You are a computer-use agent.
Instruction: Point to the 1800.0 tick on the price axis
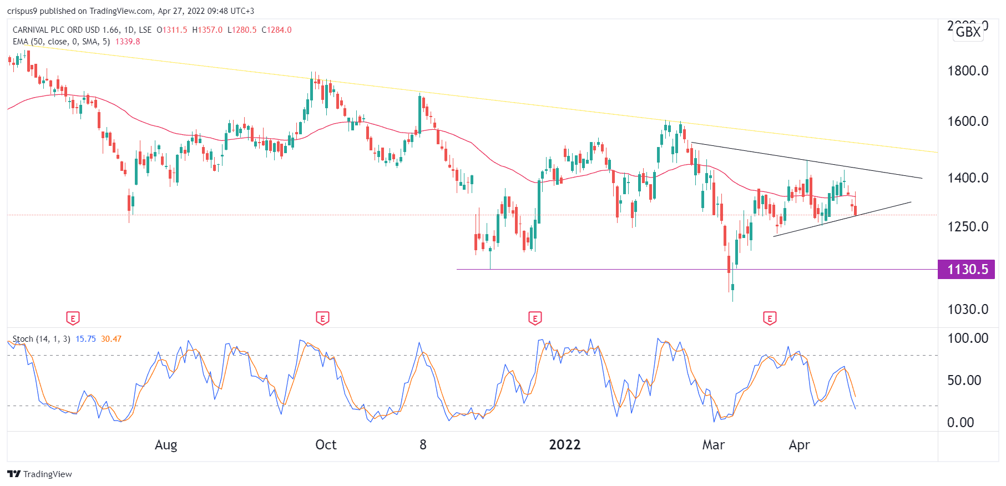968,71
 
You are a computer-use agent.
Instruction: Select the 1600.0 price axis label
968,121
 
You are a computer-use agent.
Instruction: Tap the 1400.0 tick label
968,178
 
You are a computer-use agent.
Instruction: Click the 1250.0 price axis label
968,227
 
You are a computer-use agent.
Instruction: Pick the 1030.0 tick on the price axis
968,310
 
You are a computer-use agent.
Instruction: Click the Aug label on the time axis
166,445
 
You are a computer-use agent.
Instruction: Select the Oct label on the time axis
326,445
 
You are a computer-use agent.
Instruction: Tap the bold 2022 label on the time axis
564,445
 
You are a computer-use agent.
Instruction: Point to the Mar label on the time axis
713,445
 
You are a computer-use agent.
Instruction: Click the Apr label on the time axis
799,445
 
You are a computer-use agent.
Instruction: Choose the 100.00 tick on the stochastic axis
968,338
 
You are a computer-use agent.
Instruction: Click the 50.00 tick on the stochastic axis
964,381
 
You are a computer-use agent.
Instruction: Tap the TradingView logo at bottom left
40,474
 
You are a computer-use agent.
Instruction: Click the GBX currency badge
968,32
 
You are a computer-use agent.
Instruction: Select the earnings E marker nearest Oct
322,318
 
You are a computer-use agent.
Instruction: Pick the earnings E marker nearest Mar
769,318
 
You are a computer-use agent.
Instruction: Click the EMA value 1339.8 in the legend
128,42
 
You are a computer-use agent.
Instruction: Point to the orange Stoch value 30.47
111,339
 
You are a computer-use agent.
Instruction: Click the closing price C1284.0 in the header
276,30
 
